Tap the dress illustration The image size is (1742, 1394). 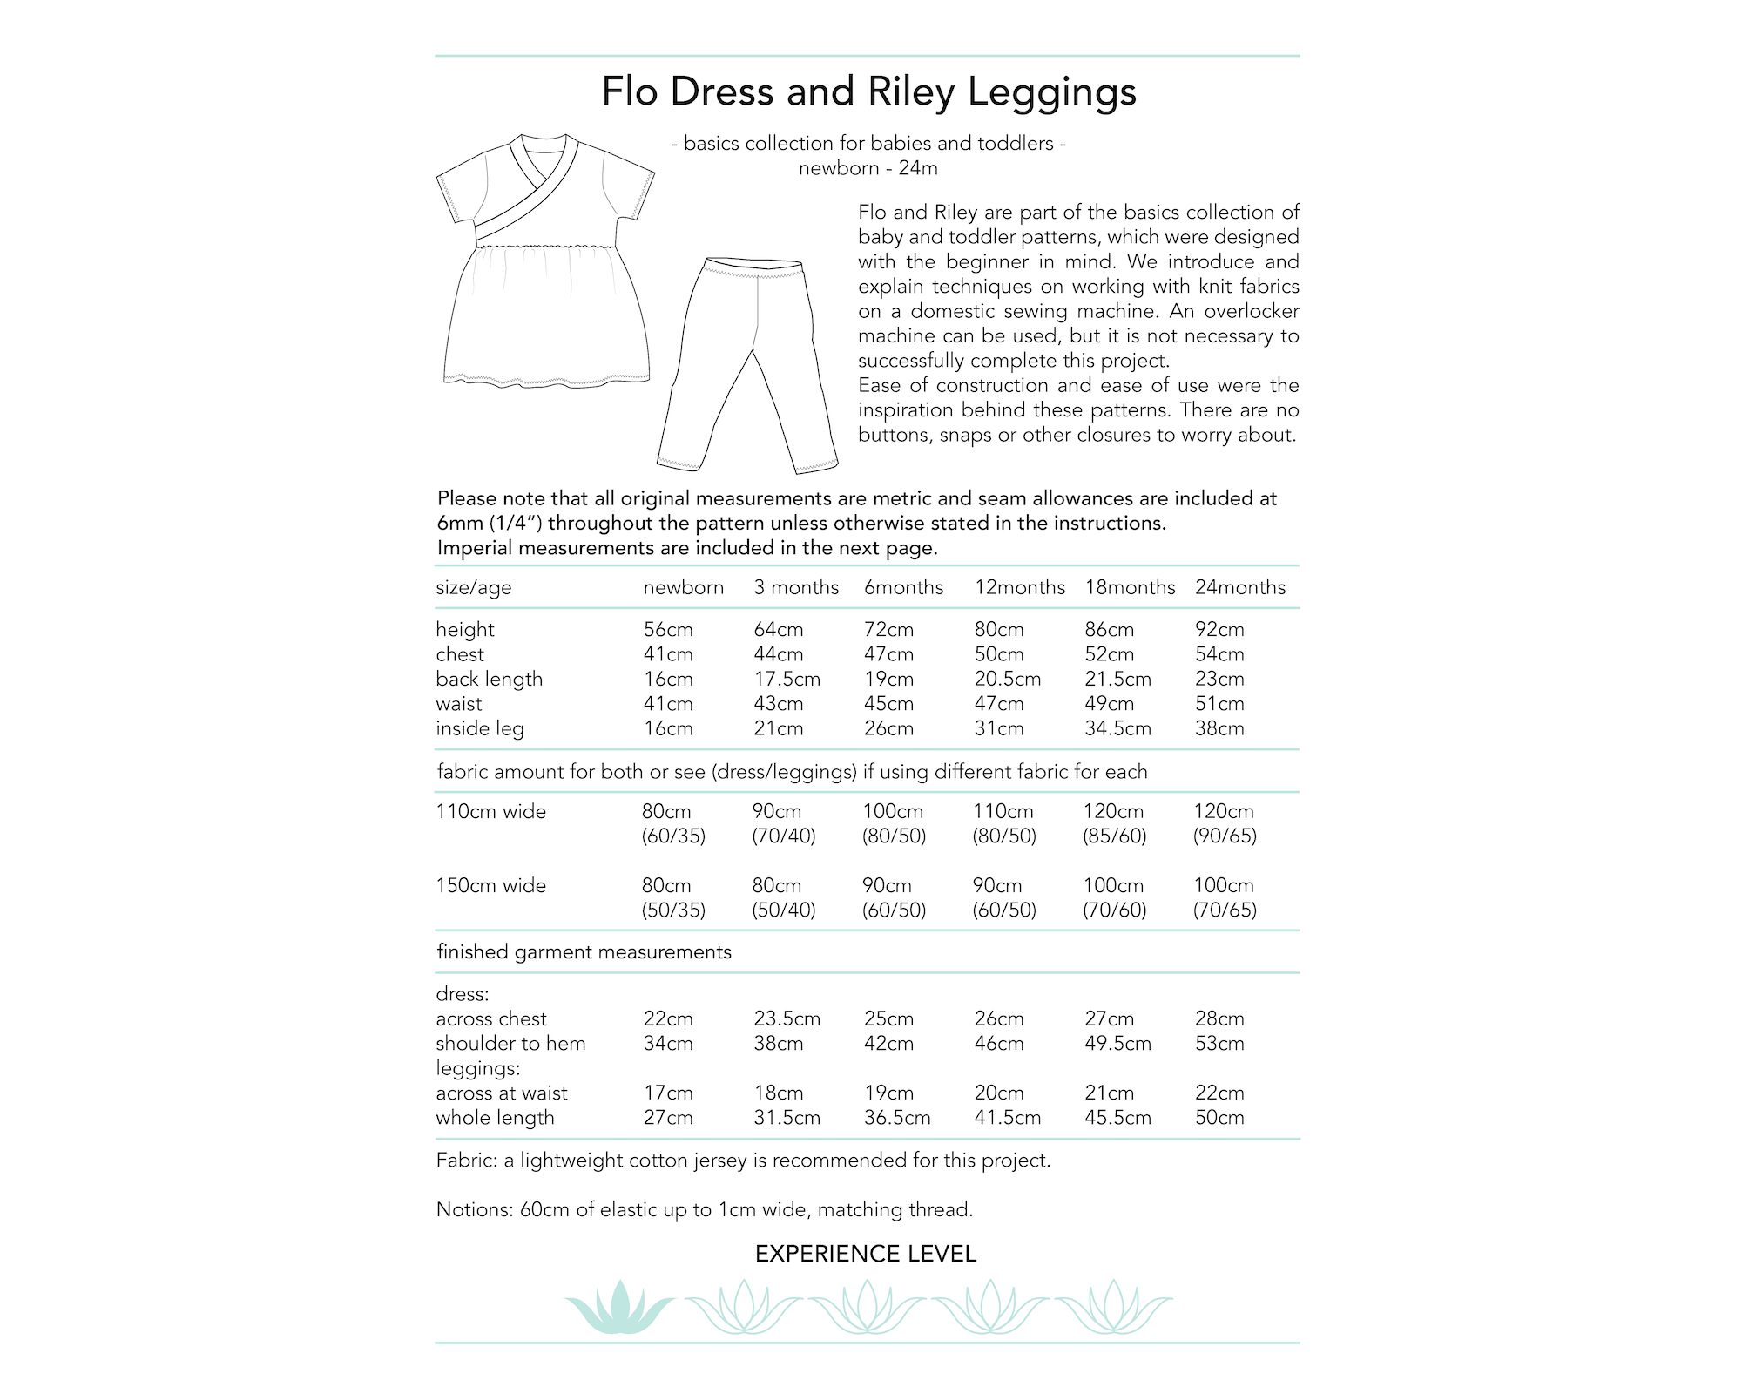click(546, 261)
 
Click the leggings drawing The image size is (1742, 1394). click(747, 366)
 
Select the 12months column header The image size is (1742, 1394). click(1019, 588)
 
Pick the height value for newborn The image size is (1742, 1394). click(668, 630)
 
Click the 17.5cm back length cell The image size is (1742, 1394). click(787, 680)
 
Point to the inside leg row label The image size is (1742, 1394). click(479, 729)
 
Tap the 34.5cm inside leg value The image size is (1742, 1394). click(1117, 729)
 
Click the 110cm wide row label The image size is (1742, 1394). click(490, 812)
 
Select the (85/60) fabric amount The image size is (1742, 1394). click(1114, 836)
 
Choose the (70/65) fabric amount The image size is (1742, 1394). click(1225, 910)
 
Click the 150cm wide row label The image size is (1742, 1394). click(490, 886)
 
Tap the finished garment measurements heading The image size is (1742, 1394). click(584, 952)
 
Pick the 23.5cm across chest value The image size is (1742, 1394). click(787, 1019)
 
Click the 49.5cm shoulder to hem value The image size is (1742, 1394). click(1117, 1044)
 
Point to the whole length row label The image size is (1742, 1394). click(495, 1118)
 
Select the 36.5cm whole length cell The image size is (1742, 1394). click(897, 1118)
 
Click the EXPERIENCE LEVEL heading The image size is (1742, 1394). click(866, 1255)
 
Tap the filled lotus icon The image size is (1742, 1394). click(619, 1307)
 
